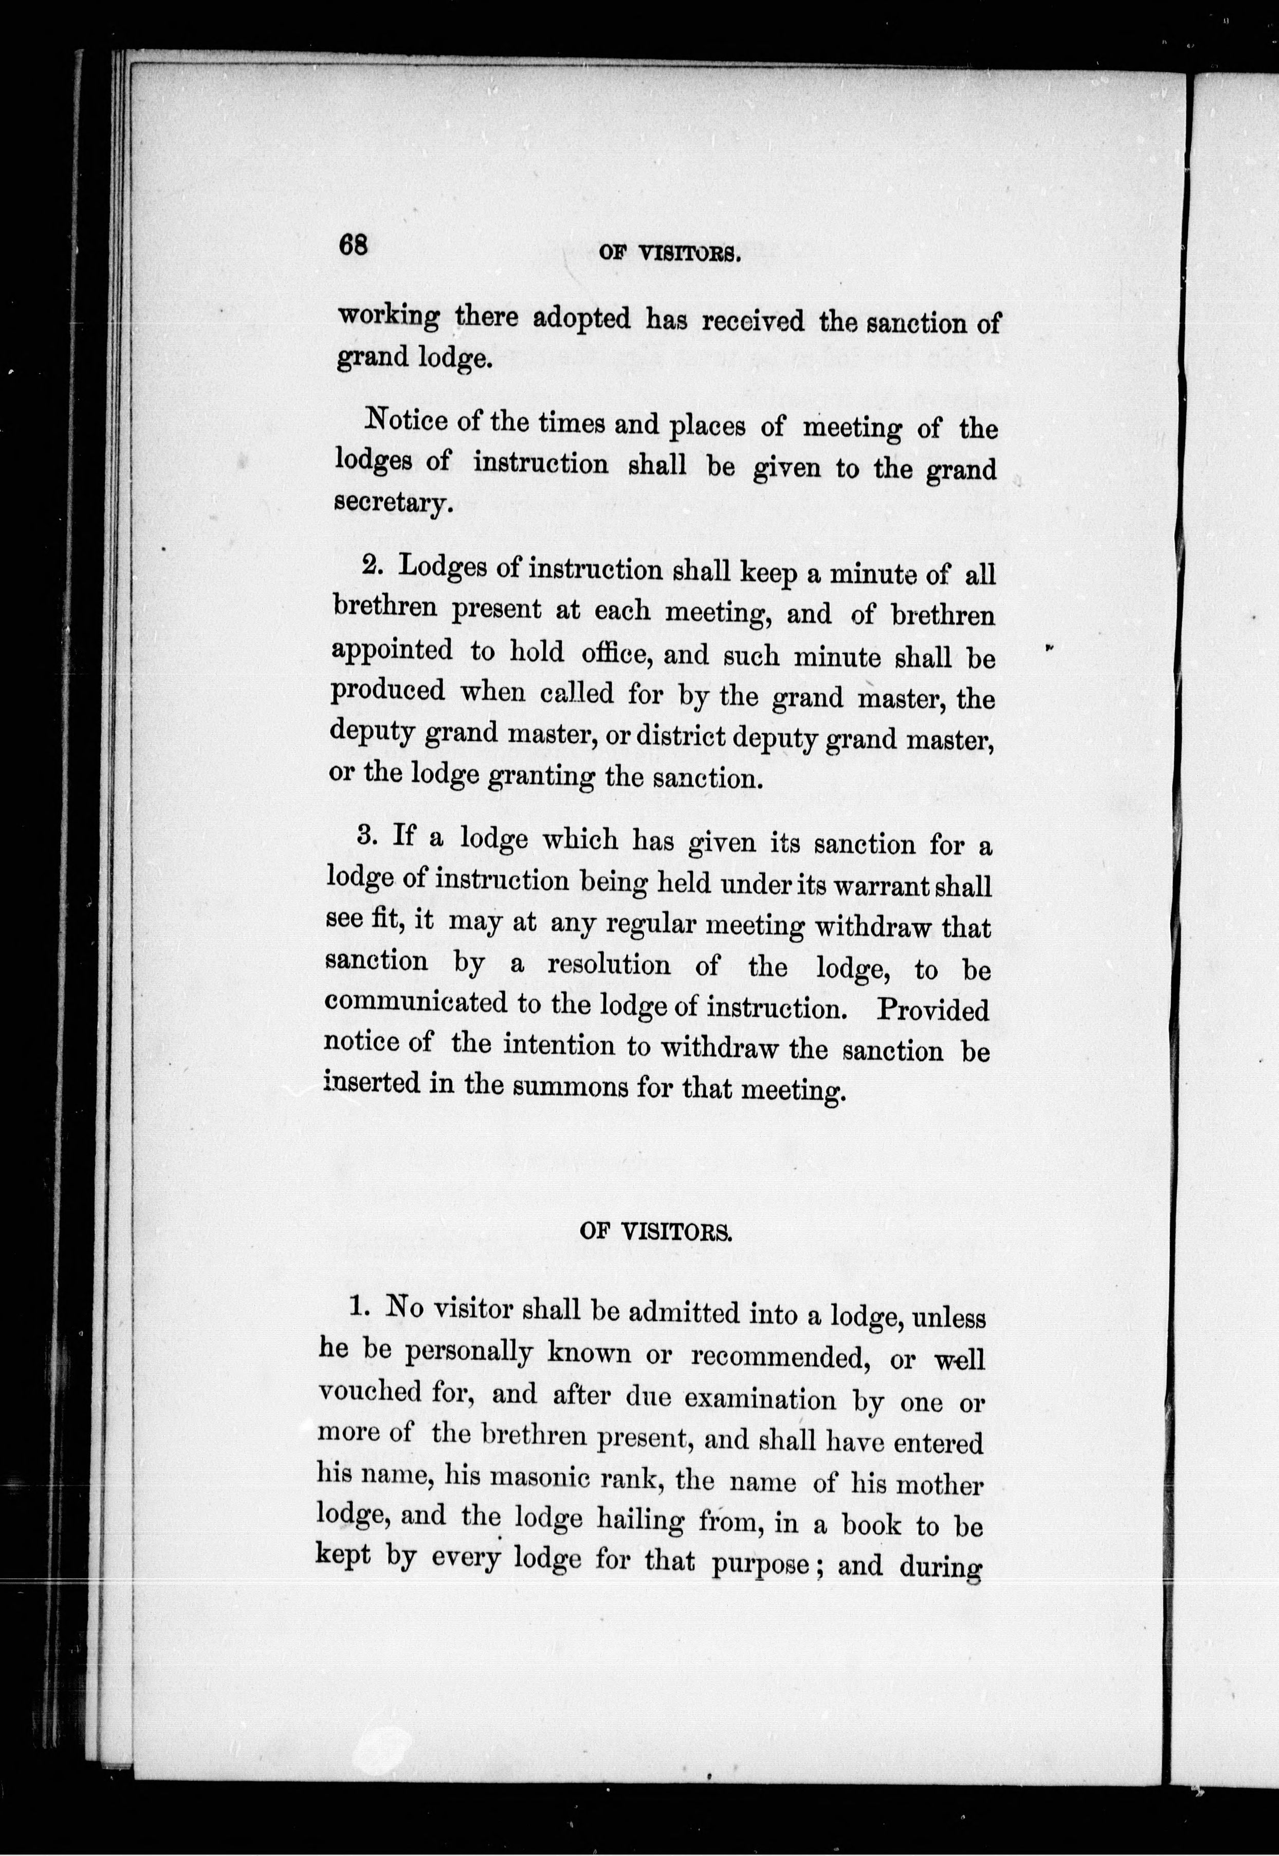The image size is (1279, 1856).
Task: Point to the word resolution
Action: [x=609, y=965]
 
